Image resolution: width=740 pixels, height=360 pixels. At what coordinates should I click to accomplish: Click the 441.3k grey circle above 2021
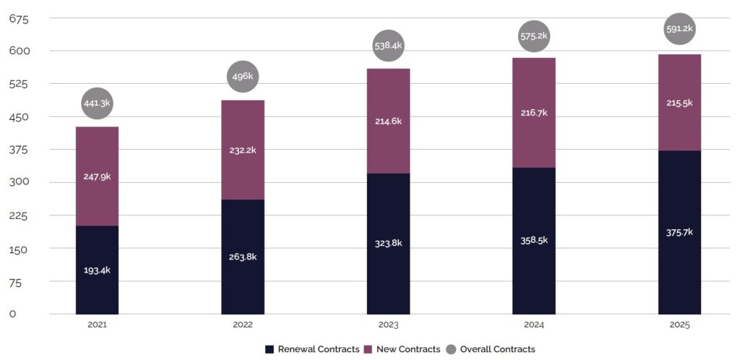pyautogui.click(x=97, y=103)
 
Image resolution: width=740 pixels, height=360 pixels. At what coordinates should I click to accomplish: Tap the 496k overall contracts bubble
pyautogui.click(x=243, y=77)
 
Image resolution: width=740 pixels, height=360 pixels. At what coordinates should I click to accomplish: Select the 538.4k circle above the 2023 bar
pyautogui.click(x=388, y=46)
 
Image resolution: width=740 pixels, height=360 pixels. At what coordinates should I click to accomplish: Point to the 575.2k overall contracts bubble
pyautogui.click(x=534, y=35)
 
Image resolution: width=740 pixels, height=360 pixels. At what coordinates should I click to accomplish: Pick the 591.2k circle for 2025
pyautogui.click(x=679, y=29)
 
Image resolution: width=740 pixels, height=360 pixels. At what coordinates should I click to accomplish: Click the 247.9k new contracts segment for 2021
pyautogui.click(x=97, y=176)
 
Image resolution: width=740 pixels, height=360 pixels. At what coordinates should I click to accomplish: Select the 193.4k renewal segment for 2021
pyautogui.click(x=97, y=270)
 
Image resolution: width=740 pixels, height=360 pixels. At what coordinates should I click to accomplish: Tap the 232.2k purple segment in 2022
pyautogui.click(x=243, y=150)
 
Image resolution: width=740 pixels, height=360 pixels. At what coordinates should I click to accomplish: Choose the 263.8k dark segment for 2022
pyautogui.click(x=243, y=257)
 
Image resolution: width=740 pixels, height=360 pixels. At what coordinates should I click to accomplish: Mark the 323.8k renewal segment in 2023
pyautogui.click(x=388, y=244)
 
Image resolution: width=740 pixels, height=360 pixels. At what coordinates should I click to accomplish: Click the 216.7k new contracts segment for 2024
pyautogui.click(x=534, y=113)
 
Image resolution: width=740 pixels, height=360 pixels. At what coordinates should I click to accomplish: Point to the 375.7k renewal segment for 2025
pyautogui.click(x=679, y=232)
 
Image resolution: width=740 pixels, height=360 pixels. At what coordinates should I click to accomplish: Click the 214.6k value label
pyautogui.click(x=388, y=121)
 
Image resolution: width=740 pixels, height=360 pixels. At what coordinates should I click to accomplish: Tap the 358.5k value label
pyautogui.click(x=534, y=240)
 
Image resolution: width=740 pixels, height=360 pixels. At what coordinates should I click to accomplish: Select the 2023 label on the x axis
pyautogui.click(x=388, y=325)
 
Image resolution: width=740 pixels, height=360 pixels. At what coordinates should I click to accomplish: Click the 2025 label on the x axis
pyautogui.click(x=679, y=325)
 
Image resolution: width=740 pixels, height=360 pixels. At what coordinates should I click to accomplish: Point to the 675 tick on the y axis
pyautogui.click(x=18, y=19)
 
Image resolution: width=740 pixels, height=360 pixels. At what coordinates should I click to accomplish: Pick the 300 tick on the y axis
pyautogui.click(x=18, y=182)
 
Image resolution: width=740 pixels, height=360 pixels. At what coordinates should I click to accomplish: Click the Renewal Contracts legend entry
pyautogui.click(x=312, y=349)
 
